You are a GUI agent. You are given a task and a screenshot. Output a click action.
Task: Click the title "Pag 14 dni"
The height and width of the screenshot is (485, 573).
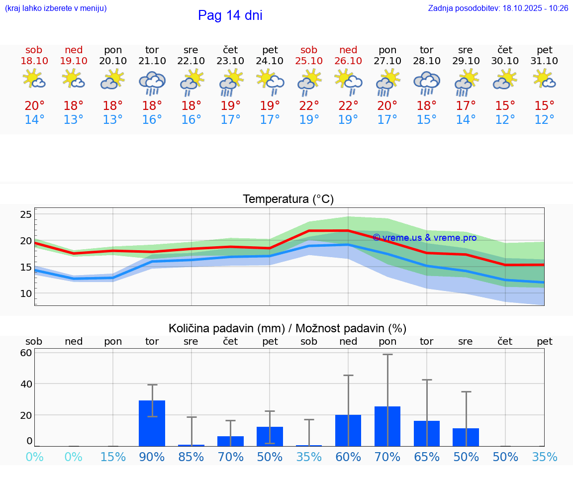pos(230,15)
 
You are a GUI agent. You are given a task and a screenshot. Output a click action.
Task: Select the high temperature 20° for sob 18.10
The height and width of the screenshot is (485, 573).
pos(34,106)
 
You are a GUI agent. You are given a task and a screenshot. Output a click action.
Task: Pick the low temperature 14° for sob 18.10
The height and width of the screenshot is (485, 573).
pos(34,120)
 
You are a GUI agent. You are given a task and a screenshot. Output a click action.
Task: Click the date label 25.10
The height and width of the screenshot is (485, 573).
pos(309,61)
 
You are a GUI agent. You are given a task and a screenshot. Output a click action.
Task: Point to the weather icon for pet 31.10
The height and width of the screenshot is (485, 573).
pos(544,80)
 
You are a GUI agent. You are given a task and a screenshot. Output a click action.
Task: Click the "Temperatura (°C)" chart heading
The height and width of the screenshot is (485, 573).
pos(288,199)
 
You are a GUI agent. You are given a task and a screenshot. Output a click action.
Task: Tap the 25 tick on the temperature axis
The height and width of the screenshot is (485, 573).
pos(26,215)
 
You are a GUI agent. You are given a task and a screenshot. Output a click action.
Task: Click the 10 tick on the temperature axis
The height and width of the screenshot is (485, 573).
pos(26,293)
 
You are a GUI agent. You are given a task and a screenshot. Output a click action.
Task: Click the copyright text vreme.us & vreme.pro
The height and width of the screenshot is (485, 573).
pos(424,238)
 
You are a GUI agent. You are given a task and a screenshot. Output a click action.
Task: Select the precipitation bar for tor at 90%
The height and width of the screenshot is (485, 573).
pos(152,423)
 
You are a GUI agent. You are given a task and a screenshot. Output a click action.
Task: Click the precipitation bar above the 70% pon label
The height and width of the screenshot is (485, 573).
pos(387,426)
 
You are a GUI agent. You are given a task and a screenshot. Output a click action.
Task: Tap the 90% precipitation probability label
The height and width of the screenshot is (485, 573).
pos(152,457)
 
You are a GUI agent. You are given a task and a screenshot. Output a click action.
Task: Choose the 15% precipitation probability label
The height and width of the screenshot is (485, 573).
pos(113,457)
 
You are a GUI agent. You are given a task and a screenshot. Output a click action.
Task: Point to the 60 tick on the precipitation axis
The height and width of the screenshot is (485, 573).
pos(26,353)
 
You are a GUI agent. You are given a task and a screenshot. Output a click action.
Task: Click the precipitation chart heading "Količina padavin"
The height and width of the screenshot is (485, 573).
pos(287,328)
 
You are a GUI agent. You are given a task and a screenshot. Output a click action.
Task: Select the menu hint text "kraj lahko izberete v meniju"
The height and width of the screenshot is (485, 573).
pos(56,8)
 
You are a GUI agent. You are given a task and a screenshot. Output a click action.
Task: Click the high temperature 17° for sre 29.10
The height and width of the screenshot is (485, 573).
pos(466,106)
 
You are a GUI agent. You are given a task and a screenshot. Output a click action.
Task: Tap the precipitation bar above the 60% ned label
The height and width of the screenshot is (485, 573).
pos(348,431)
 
